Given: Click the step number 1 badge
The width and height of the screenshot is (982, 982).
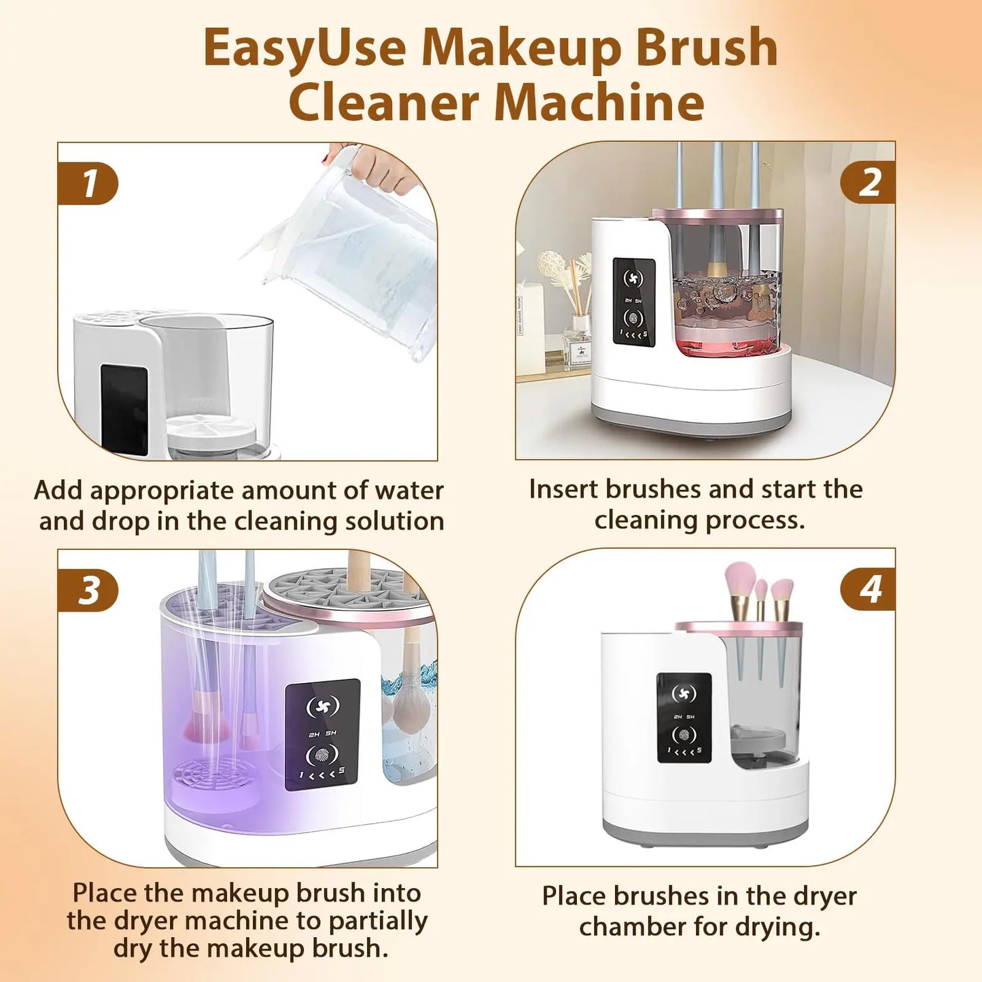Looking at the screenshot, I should coord(88,183).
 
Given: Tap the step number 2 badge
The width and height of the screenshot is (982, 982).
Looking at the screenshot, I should coord(869,183).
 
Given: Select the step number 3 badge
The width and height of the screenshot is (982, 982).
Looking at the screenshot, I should coord(88,590).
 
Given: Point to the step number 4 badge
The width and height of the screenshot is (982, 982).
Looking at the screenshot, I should coord(869,589).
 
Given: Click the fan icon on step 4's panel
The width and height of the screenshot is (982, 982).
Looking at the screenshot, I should coord(684,694).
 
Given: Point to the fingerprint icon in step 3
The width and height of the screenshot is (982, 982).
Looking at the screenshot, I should coord(322,755).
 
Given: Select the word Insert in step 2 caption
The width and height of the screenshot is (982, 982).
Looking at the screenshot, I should coord(563,489).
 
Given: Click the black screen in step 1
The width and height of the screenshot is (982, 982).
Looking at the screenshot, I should coord(124,410).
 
